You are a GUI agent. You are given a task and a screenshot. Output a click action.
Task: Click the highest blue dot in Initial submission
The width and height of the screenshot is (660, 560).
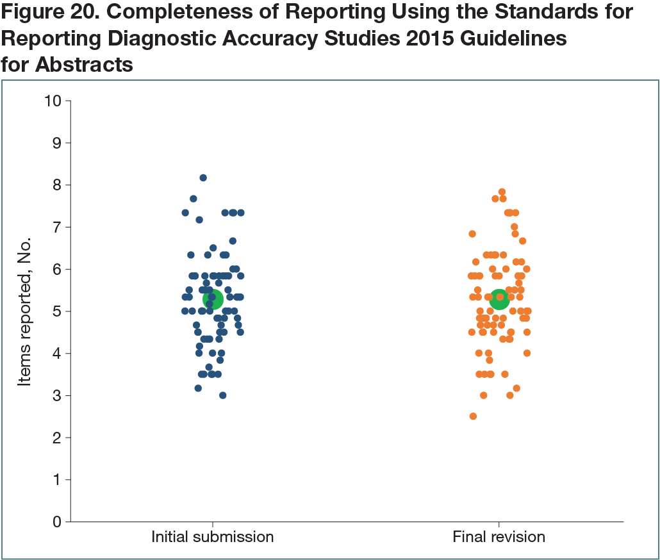point(203,177)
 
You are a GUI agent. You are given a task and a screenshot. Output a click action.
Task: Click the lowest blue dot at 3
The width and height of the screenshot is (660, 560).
point(222,395)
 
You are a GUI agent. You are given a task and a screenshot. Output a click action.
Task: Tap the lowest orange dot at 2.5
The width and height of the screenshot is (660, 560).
point(473,416)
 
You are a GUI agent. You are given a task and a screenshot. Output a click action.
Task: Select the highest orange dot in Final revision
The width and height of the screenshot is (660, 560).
point(502,192)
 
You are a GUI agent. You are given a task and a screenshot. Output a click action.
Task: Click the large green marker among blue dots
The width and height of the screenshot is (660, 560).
point(213,299)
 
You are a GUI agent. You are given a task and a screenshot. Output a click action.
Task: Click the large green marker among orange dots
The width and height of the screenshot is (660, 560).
point(499,299)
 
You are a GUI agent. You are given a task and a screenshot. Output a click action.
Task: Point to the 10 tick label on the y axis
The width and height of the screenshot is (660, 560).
point(53,101)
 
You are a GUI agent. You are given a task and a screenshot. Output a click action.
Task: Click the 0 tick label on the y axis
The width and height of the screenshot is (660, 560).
point(56,522)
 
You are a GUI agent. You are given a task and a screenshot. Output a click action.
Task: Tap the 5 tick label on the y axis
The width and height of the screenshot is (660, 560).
point(56,311)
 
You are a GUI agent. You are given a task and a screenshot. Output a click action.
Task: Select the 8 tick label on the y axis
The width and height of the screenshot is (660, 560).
point(56,185)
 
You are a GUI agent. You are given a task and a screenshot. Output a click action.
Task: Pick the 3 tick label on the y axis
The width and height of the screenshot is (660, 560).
point(56,396)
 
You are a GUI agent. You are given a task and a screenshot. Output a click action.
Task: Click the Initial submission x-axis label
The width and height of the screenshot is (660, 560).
point(212,537)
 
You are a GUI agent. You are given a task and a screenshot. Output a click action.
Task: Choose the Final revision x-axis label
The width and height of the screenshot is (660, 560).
point(499,537)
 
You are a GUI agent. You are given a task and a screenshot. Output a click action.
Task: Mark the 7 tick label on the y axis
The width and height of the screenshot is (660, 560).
point(56,227)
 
